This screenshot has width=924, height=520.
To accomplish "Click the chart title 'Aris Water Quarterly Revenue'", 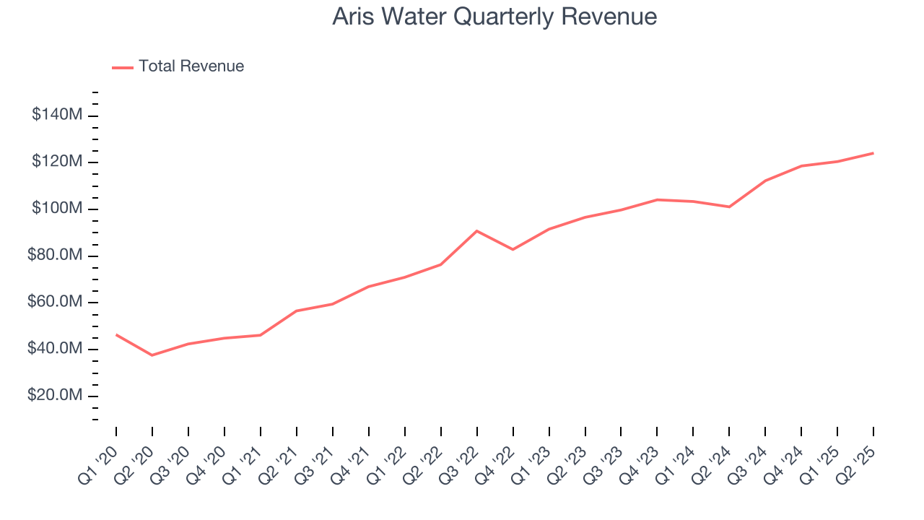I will click(x=494, y=17).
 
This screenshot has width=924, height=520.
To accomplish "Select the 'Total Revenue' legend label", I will click(x=191, y=66).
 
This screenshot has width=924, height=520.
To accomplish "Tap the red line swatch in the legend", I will click(x=123, y=67).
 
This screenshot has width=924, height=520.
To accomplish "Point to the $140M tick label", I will click(x=57, y=115).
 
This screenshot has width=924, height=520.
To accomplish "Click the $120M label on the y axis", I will click(x=57, y=162).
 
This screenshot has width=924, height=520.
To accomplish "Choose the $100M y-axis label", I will click(x=57, y=209).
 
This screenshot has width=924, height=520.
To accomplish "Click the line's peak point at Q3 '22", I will click(x=477, y=230).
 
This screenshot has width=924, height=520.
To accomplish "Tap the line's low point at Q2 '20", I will click(x=152, y=355).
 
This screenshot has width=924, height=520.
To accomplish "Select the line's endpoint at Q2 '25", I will click(x=873, y=153).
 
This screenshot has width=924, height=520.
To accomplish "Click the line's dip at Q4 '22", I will click(x=513, y=249).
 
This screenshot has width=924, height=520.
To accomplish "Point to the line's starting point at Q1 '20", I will click(x=116, y=334).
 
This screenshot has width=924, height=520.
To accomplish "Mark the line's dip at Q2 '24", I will click(x=729, y=207).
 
